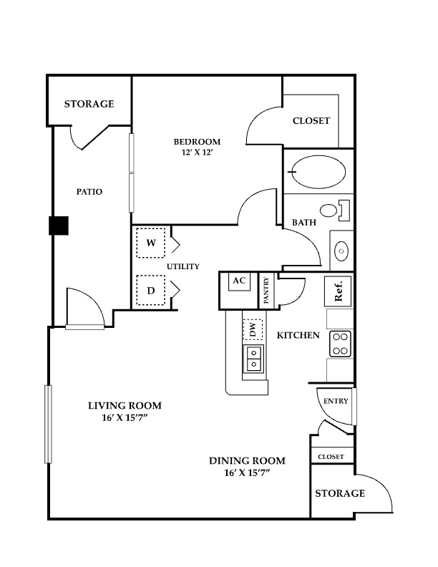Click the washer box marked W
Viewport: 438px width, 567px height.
tap(151, 243)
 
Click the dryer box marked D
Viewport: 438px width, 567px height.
tap(151, 290)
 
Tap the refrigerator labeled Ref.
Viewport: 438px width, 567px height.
tap(338, 291)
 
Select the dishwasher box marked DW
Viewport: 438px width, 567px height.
tap(253, 329)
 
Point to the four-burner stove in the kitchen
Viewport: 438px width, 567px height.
tap(341, 344)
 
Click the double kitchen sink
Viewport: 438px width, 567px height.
tap(253, 359)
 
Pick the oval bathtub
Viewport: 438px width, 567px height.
tap(318, 172)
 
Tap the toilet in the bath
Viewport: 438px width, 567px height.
tap(335, 210)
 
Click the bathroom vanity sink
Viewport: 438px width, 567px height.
tap(341, 251)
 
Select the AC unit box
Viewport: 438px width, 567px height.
tap(239, 282)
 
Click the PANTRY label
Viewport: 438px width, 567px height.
tap(266, 290)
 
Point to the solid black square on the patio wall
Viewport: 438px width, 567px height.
tap(59, 226)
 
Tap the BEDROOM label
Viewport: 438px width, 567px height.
tap(197, 141)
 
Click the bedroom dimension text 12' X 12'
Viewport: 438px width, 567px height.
tap(197, 152)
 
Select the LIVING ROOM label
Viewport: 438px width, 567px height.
tap(125, 405)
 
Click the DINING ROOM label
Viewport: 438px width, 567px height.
tap(247, 461)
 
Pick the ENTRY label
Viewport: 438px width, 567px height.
tap(336, 401)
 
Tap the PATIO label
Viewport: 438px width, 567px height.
tap(89, 192)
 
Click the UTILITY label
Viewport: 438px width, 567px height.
tap(183, 266)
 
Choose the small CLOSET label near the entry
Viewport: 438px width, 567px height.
tap(331, 457)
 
